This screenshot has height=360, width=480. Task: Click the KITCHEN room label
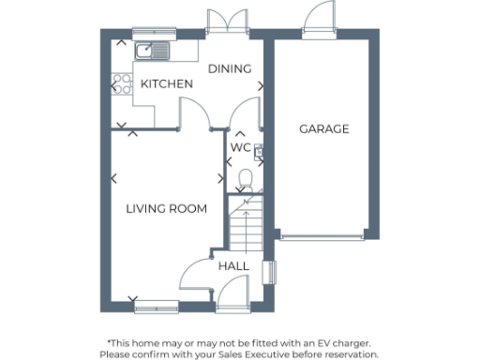pos(167,84)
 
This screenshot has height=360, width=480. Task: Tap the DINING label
pos(230,68)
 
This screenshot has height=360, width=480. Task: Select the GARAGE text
pos(323,128)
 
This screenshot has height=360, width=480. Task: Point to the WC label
pos(241,148)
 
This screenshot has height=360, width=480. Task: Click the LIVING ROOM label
pos(166,208)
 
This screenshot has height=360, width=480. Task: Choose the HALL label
pos(233,266)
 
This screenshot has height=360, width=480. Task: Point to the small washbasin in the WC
pos(257,152)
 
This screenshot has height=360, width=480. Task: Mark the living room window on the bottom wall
pos(155,305)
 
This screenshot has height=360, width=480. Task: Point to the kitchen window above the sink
pos(152,33)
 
